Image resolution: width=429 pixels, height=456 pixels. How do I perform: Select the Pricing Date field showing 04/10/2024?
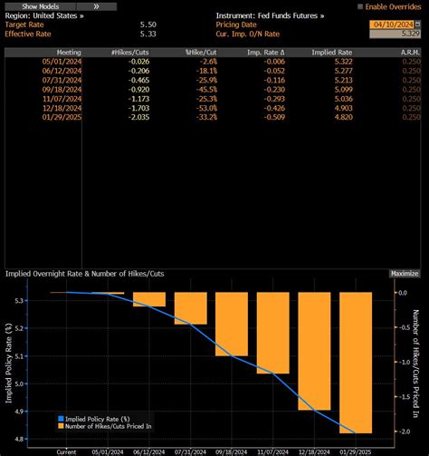pos(395,24)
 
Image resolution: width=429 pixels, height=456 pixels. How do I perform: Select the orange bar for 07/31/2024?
pos(191,308)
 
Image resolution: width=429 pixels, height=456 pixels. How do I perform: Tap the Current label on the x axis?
pos(66,451)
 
